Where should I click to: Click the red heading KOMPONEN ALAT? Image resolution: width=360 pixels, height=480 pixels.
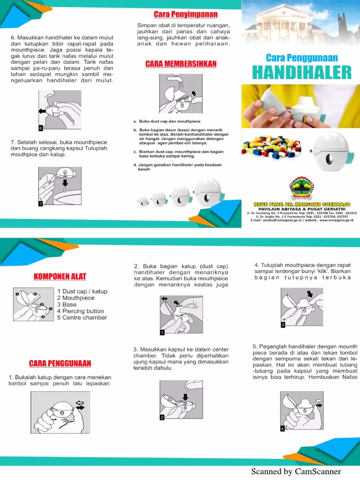(60, 276)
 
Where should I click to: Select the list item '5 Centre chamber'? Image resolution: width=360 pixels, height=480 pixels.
(82, 317)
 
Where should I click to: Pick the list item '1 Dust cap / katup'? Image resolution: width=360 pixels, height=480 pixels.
(82, 291)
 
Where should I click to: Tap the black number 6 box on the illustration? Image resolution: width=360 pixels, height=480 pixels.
(41, 127)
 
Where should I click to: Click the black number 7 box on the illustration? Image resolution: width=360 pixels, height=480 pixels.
(41, 204)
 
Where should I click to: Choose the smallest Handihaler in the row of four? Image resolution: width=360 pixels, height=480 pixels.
(143, 202)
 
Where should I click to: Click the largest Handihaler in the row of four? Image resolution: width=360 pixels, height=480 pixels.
(207, 192)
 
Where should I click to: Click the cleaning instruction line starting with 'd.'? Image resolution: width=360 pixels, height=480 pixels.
(178, 167)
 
